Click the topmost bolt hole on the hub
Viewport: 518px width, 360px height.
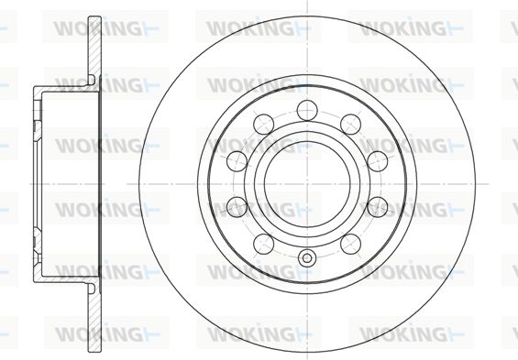[x=307, y=110]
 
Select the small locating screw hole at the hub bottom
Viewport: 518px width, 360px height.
[x=307, y=257]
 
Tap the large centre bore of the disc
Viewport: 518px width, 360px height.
[x=307, y=184]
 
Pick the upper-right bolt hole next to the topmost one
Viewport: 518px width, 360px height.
[x=350, y=125]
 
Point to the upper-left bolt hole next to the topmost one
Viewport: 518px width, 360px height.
[x=264, y=125]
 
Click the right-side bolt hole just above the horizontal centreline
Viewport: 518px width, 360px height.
[x=377, y=161]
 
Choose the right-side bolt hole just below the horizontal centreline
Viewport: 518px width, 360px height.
[x=377, y=207]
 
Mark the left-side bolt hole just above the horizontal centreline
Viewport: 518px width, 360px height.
[x=237, y=161]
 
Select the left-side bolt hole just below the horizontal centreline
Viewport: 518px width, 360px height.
[x=237, y=207]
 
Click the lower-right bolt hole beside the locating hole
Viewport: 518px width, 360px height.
[x=350, y=244]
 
